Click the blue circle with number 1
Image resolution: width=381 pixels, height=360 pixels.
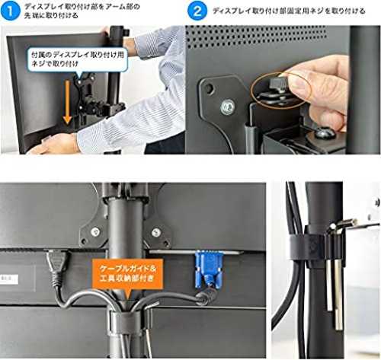10,11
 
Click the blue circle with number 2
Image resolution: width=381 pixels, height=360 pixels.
197,11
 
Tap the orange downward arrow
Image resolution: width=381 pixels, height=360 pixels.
67,102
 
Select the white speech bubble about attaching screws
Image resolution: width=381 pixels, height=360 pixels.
77,60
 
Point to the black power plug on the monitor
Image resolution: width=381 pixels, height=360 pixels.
57,264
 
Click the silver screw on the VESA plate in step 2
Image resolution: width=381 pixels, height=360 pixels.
228,107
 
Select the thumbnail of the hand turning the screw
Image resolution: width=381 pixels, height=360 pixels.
283,90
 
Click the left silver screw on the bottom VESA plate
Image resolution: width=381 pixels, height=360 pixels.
95,231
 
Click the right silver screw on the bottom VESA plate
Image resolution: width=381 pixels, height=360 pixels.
156,231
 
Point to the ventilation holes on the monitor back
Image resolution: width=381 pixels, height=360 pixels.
256,36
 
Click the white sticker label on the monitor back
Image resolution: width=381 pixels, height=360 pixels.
9,279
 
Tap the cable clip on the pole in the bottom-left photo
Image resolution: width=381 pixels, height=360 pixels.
124,322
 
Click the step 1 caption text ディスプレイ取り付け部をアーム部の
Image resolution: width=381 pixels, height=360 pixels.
82,7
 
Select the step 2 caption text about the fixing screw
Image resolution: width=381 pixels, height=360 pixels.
289,11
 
